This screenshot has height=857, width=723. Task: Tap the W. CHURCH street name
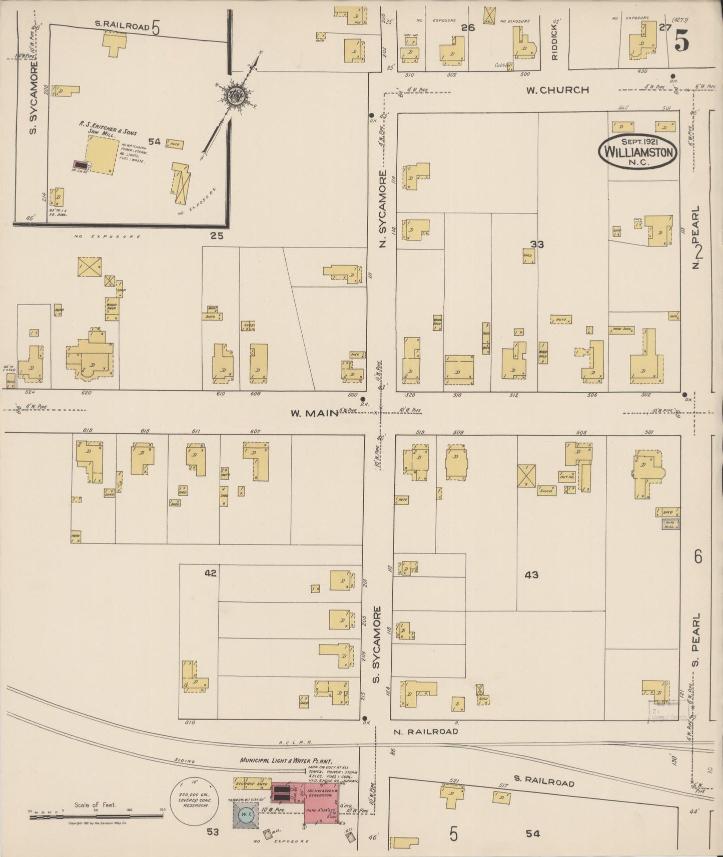[x=557, y=90]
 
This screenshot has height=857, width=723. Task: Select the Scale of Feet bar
[x=95, y=815]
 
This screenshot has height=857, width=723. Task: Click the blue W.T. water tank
[x=246, y=814]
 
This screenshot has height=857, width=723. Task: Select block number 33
[x=537, y=244]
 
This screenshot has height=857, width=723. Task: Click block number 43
[x=531, y=575]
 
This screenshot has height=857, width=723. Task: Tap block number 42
[x=210, y=573]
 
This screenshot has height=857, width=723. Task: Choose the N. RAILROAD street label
[x=425, y=731]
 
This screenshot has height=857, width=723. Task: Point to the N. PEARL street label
[x=697, y=238]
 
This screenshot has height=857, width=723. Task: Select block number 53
[x=213, y=832]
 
